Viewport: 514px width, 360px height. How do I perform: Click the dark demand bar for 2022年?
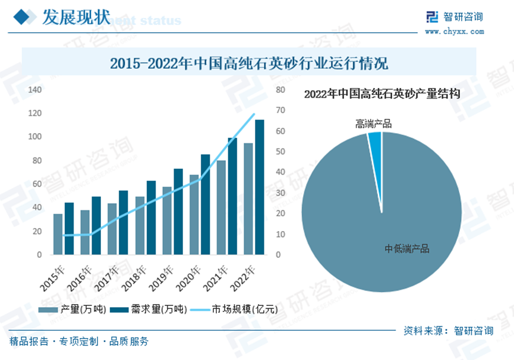pos(260,187)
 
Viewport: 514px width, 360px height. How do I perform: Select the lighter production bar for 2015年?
pos(58,234)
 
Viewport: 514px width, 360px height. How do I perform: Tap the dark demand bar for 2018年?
pos(152,217)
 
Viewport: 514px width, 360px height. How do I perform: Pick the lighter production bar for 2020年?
pos(194,214)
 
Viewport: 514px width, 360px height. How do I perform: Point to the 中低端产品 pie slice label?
pos(407,249)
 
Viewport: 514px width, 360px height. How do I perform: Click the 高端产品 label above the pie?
pos(373,124)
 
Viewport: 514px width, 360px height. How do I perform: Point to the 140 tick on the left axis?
pos(35,90)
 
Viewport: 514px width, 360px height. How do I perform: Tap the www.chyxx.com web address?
pos(455,31)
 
